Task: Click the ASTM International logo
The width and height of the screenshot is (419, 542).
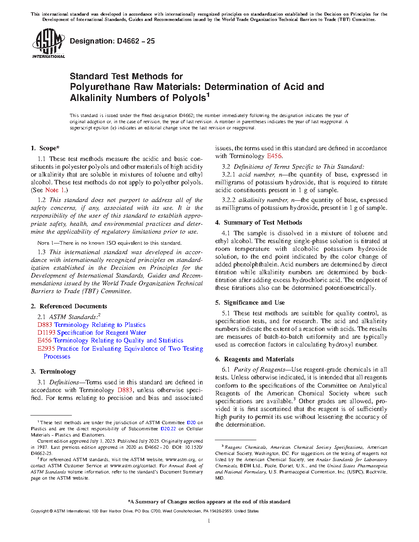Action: pos(48,43)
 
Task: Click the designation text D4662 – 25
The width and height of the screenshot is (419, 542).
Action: pos(112,41)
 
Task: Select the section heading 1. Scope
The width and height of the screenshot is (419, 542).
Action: pos(45,148)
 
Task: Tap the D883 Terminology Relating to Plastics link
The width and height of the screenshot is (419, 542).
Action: pos(91,325)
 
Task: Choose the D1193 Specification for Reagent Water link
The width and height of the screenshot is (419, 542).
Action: pos(92,333)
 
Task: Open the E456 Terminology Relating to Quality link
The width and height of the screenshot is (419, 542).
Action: pos(110,340)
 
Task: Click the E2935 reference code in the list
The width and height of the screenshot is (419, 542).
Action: pos(46,349)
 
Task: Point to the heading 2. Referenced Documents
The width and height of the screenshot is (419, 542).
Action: pos(69,306)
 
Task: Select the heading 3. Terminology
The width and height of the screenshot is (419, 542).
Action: pos(53,372)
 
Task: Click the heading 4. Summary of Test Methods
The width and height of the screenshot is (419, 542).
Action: pos(258,223)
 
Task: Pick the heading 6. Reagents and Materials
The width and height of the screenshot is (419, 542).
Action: pos(254,359)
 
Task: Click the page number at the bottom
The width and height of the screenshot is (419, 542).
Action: pos(209,521)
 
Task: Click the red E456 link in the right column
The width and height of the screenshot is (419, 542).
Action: pos(274,156)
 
